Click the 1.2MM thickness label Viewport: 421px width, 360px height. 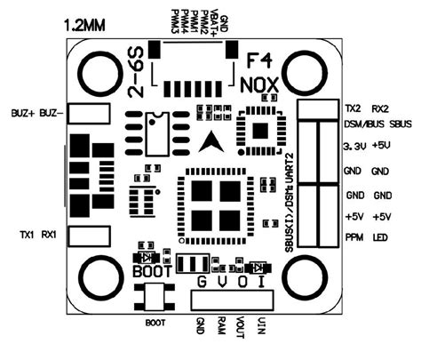(x=84, y=26)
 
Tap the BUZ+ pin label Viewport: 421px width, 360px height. (x=23, y=113)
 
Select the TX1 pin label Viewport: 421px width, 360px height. (x=27, y=236)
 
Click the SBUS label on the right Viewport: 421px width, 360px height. (x=401, y=124)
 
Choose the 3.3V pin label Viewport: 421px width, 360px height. (x=355, y=146)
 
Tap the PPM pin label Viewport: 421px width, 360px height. (x=354, y=237)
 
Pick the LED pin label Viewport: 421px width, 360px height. (x=380, y=237)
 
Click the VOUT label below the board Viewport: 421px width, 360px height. (x=240, y=328)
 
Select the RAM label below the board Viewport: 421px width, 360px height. (x=222, y=325)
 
